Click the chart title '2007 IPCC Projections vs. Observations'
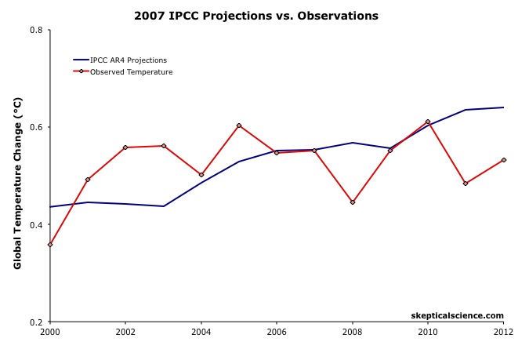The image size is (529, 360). pyautogui.click(x=256, y=16)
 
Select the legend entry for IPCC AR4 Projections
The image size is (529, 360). pyautogui.click(x=128, y=60)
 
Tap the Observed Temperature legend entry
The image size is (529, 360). pyautogui.click(x=131, y=72)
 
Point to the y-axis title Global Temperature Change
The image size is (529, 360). pyautogui.click(x=18, y=184)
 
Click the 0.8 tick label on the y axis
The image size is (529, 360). pyautogui.click(x=36, y=30)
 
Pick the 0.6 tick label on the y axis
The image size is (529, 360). pyautogui.click(x=36, y=127)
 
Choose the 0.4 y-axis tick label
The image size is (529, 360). pyautogui.click(x=36, y=224)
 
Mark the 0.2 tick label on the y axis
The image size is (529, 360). pyautogui.click(x=36, y=322)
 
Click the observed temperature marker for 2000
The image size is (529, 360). pyautogui.click(x=50, y=245)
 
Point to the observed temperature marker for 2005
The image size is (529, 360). pyautogui.click(x=239, y=125)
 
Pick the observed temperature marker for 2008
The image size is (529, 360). pyautogui.click(x=353, y=202)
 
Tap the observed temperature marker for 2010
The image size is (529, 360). pyautogui.click(x=428, y=122)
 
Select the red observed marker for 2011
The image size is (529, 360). pyautogui.click(x=466, y=184)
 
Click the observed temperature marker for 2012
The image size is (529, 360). pyautogui.click(x=503, y=160)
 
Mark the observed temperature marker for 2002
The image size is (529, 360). pyautogui.click(x=125, y=147)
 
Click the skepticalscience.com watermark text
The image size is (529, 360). pyautogui.click(x=458, y=315)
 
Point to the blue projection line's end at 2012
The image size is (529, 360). pyautogui.click(x=503, y=107)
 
